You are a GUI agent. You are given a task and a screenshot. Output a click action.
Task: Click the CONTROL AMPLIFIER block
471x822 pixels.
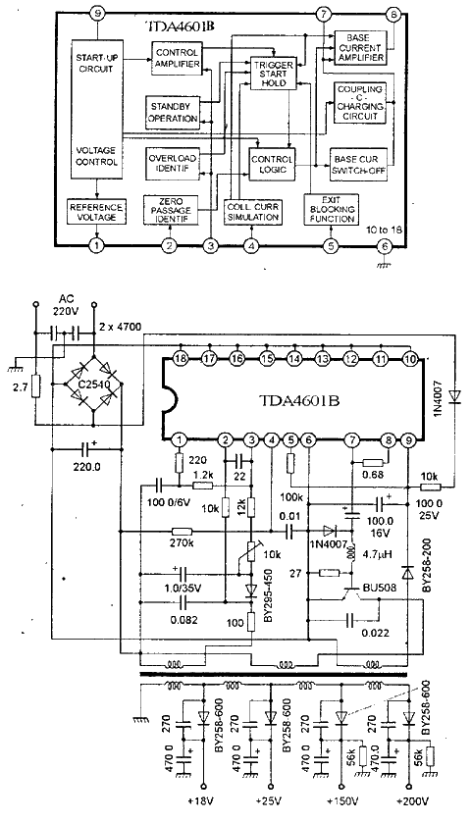177,59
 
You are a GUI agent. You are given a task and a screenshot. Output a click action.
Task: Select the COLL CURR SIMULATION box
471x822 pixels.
251,212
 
